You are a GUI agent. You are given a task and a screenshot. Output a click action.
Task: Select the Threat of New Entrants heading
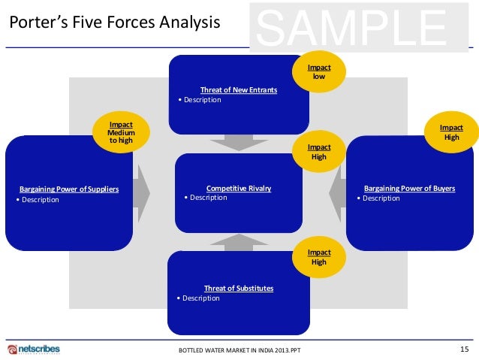(x=239, y=90)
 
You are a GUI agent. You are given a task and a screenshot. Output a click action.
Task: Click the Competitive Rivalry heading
(x=239, y=188)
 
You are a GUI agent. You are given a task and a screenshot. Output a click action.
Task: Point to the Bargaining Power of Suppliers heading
(x=69, y=189)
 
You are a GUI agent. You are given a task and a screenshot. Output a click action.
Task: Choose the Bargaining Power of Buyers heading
(x=409, y=189)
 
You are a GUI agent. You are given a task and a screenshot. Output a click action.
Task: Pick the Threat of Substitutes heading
(x=239, y=288)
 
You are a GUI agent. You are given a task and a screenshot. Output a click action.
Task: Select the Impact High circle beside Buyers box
(x=451, y=132)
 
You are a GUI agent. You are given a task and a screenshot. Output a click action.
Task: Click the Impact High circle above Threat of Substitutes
(x=319, y=257)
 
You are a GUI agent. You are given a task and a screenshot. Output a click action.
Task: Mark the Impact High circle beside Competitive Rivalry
(x=319, y=152)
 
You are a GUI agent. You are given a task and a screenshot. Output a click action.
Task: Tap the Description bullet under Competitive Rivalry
(x=205, y=198)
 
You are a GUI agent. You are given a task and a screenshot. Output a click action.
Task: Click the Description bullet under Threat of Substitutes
(x=197, y=298)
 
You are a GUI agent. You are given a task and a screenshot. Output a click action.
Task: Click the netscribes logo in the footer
(x=33, y=349)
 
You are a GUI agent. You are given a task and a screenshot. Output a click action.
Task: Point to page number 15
(x=463, y=349)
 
